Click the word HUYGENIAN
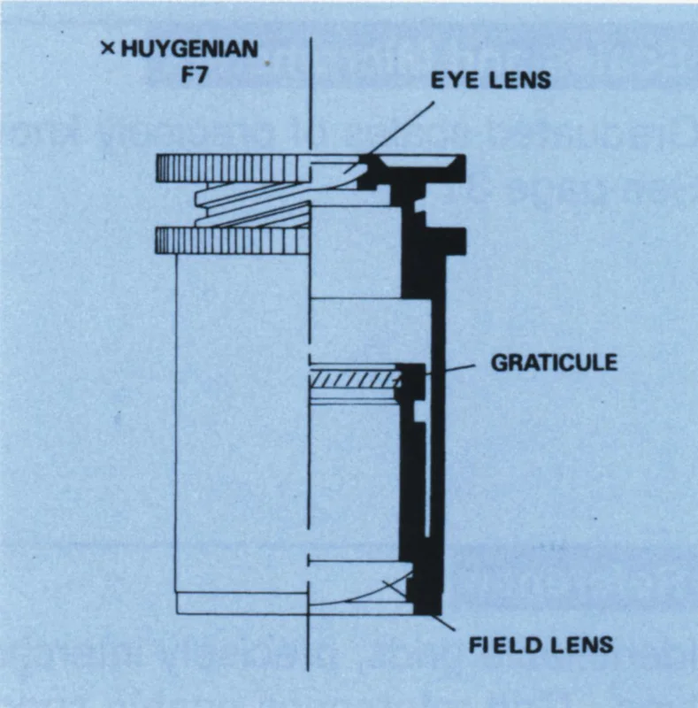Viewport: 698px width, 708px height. coord(189,49)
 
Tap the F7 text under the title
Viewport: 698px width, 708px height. coord(194,74)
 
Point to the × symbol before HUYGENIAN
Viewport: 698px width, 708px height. coord(108,49)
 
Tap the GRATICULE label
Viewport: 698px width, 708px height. coord(554,363)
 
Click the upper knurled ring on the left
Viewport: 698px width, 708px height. coord(234,168)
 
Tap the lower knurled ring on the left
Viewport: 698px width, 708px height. coord(233,240)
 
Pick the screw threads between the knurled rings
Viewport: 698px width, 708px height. coord(253,204)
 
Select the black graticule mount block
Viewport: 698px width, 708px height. coord(410,381)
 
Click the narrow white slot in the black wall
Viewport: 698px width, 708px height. coord(428,480)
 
